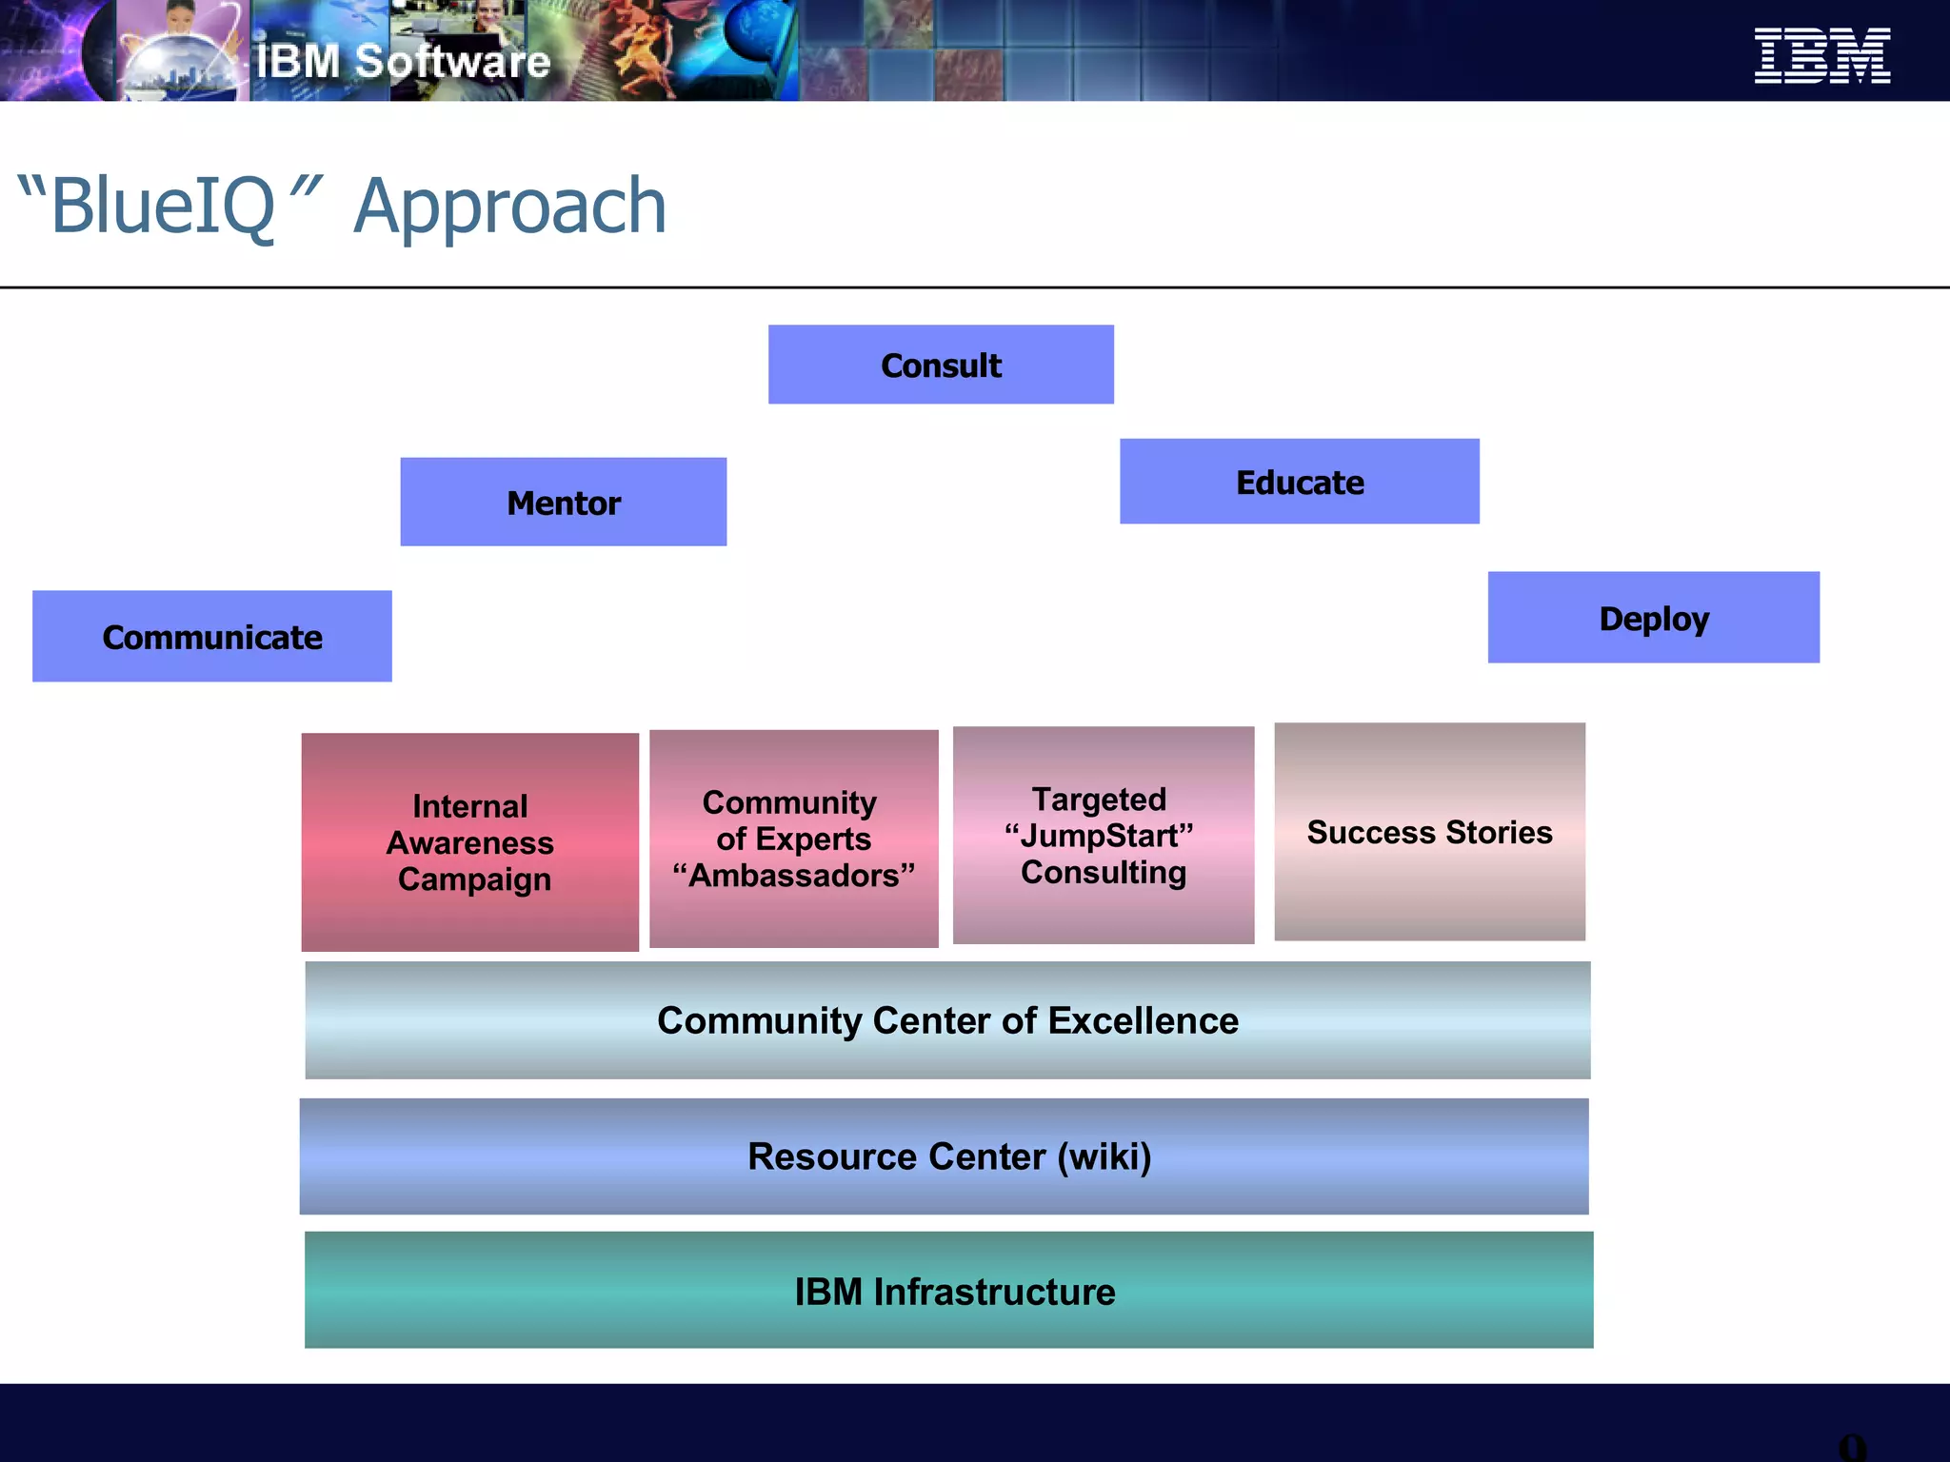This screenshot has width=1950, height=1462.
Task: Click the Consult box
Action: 941,365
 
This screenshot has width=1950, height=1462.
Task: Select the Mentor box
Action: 563,502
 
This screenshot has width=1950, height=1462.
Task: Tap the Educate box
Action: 1299,482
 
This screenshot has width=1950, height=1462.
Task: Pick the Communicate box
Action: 211,636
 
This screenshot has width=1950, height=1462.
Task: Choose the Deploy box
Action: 1653,618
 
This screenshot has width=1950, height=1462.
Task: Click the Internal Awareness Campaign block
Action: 469,841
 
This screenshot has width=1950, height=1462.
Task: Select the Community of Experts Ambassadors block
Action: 793,838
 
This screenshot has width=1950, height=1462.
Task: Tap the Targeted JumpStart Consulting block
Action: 1103,835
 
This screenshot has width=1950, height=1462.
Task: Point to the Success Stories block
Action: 1429,831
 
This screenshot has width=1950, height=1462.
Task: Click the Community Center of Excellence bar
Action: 947,1020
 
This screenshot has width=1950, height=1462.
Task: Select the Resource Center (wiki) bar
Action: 944,1156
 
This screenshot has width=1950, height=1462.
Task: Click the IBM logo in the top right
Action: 1821,55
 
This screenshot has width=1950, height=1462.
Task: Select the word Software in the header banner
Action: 452,62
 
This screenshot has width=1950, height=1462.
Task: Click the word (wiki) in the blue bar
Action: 1104,1156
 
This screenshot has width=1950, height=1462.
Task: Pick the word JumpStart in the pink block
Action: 1099,836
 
